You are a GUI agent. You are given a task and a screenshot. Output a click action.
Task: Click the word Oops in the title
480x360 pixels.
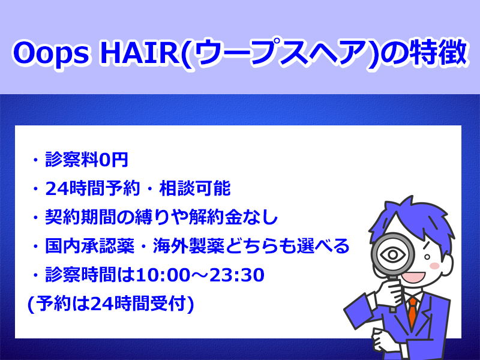pyautogui.click(x=51, y=53)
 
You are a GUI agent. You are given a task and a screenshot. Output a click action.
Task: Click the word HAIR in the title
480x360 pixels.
pyautogui.click(x=140, y=52)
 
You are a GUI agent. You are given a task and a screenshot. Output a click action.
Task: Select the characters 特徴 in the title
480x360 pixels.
pyautogui.click(x=437, y=52)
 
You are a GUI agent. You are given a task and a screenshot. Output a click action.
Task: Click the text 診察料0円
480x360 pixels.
pyautogui.click(x=86, y=160)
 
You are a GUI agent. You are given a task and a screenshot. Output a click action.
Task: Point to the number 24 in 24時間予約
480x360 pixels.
pyautogui.click(x=56, y=188)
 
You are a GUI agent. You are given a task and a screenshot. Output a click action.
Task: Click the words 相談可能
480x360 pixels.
pyautogui.click(x=194, y=188)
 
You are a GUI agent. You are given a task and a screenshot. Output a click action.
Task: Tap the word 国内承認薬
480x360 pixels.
pyautogui.click(x=89, y=246)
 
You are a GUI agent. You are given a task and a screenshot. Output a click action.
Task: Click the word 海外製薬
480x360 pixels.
pyautogui.click(x=188, y=246)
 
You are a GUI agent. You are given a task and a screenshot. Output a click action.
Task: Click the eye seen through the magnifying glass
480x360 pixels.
pyautogui.click(x=393, y=254)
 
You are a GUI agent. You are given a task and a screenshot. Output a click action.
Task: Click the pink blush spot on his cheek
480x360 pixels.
pyautogui.click(x=434, y=265)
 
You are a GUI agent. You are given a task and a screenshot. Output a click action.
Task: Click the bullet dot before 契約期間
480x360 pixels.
pyautogui.click(x=36, y=217)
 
